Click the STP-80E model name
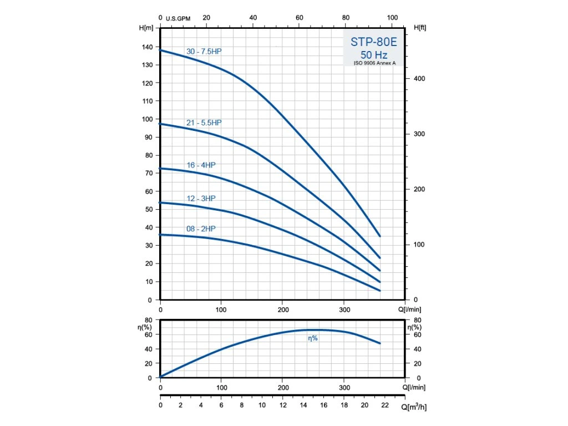373,42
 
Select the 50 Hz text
373,55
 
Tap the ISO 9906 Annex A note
374,63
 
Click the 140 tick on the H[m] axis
147,47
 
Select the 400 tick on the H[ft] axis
419,79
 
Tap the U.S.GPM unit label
178,18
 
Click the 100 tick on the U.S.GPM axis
392,18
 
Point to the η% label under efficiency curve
313,338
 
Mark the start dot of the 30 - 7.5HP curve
160,50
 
